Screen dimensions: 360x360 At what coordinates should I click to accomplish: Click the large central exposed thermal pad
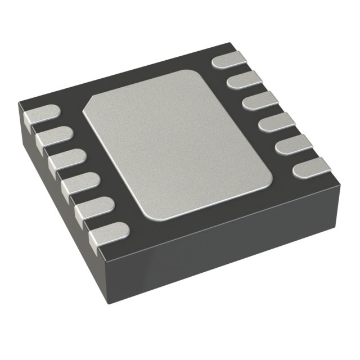(177, 143)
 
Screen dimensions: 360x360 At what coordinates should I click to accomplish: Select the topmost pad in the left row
(40, 115)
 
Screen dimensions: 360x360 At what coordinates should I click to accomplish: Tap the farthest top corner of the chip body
(231, 42)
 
